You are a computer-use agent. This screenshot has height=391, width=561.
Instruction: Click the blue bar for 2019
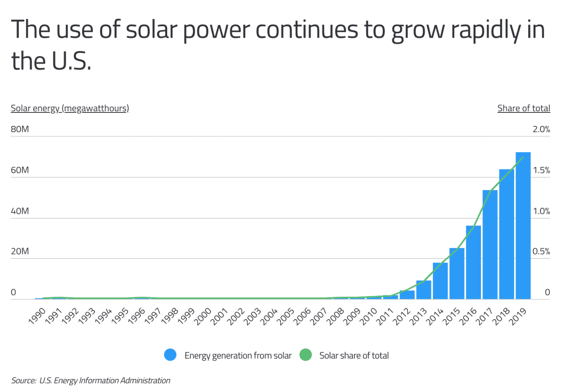point(523,226)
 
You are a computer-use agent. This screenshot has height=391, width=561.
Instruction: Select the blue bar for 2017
point(490,245)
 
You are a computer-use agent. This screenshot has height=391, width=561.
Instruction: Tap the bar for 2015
point(457,274)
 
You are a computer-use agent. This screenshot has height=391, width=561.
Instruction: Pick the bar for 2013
point(423,290)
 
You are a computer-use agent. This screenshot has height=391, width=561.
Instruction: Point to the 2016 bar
point(473,263)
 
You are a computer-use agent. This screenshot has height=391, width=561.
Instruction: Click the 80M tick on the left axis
point(20,129)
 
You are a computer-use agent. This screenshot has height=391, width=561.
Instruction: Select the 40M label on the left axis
point(20,211)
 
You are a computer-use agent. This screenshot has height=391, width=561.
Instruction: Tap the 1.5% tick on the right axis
point(541,170)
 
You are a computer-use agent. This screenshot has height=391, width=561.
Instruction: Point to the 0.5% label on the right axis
point(541,252)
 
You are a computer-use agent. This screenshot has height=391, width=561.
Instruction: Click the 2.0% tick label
point(541,129)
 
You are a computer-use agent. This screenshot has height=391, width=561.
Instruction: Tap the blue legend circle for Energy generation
point(170,355)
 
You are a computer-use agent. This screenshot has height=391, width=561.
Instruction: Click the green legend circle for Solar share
point(306,355)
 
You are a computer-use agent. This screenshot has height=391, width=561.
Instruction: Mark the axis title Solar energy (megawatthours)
point(70,108)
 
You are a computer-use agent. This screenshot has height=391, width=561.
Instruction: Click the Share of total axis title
point(524,108)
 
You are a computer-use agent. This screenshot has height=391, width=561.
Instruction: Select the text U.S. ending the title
point(71,62)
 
